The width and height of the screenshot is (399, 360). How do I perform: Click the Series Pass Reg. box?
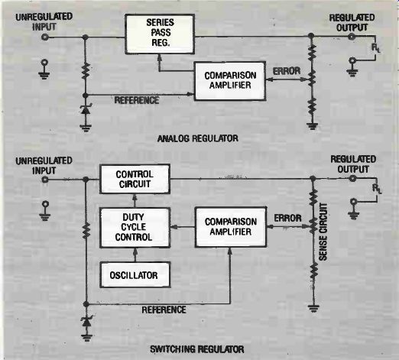point(160,34)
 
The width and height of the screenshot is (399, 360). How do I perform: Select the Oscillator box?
point(135,275)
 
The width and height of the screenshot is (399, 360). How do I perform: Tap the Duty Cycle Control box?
point(135,227)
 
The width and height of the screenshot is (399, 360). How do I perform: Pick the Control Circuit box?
point(135,179)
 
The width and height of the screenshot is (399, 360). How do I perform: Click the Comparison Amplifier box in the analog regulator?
point(230,81)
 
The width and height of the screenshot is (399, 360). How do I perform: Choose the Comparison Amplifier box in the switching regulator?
point(231,227)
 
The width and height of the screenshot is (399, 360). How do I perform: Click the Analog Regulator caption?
point(198,138)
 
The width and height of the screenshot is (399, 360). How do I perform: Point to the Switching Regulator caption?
point(197,349)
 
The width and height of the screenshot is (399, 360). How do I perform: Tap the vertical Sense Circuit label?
point(323,232)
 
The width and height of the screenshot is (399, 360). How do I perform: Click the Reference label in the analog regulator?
point(137,100)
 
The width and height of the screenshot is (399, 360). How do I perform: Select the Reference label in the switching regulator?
point(164,310)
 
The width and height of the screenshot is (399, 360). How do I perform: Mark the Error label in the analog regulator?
point(287,71)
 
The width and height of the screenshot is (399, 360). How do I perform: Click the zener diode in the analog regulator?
point(86,109)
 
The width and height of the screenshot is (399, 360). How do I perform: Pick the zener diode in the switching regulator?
point(86,322)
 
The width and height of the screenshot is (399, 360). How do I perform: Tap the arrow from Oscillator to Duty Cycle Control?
point(135,255)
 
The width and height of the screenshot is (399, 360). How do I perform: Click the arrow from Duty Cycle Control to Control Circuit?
point(135,200)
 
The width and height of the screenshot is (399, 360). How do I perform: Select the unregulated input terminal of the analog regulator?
point(45,37)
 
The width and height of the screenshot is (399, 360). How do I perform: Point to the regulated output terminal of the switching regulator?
point(352,179)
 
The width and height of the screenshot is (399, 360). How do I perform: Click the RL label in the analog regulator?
point(375,48)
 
